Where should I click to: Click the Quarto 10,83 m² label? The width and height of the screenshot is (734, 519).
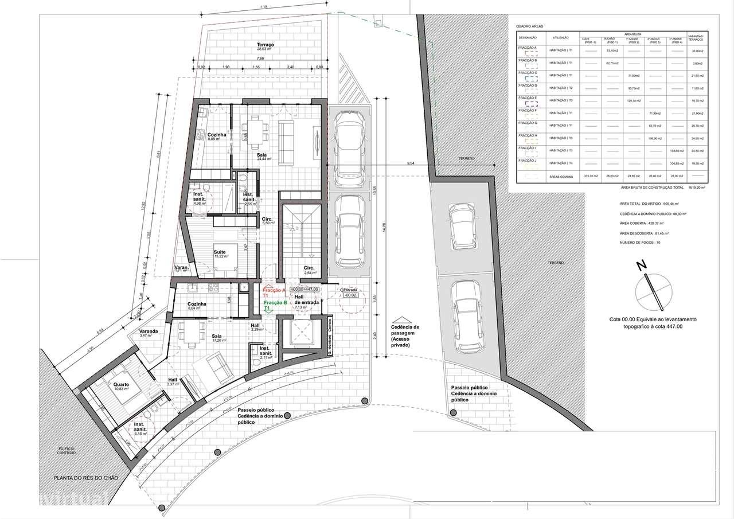click(121, 386)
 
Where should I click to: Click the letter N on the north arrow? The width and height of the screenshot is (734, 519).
click(642, 266)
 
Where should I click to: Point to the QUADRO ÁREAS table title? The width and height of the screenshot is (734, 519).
click(529, 26)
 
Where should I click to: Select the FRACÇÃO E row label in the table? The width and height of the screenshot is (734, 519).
click(528, 98)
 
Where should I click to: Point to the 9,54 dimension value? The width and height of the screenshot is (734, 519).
click(411, 164)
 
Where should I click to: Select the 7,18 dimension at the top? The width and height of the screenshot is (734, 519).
click(263, 7)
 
